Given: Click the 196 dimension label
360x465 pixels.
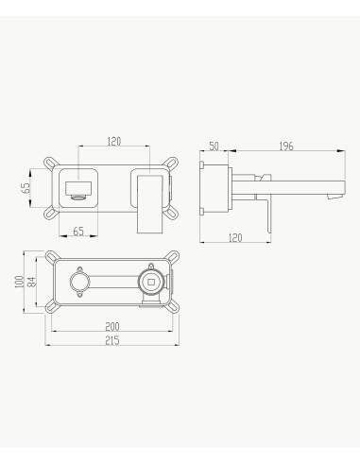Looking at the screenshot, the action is point(286,146).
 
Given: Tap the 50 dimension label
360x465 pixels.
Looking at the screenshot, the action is point(214,146).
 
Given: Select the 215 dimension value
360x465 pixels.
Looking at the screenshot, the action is point(112,340).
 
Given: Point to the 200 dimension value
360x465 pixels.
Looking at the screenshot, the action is point(112,326).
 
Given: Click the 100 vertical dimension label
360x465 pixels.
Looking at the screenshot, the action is point(19,282).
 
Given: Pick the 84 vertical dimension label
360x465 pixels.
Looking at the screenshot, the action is point(31,282).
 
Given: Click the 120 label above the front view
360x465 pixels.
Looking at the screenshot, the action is point(114,142).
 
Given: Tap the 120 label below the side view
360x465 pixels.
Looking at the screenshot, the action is point(235,238).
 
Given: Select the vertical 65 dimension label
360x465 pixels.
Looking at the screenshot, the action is point(26,188).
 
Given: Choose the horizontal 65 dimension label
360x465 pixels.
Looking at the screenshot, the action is point(78,232).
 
